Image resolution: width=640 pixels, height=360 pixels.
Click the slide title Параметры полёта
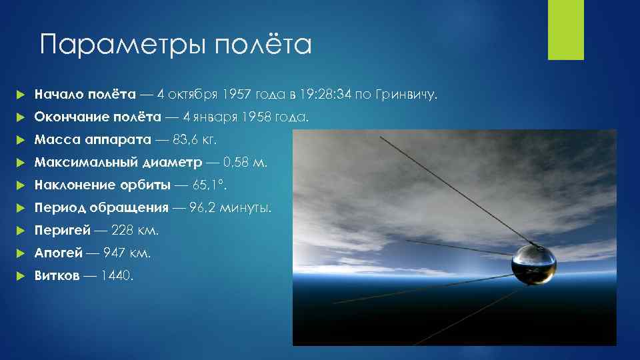click(175, 45)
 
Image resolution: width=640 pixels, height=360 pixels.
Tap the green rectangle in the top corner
click(565, 30)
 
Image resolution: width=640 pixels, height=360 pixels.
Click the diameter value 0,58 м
click(245, 163)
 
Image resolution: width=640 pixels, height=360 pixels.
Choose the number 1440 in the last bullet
click(116, 276)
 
